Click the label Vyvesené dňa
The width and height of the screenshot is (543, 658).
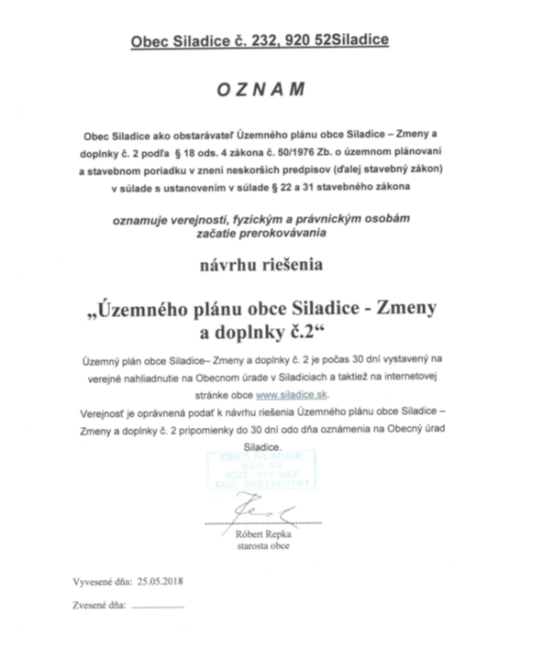(x=97, y=581)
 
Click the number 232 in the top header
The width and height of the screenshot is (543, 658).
(x=245, y=40)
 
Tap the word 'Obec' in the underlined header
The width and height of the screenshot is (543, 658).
(x=148, y=40)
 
